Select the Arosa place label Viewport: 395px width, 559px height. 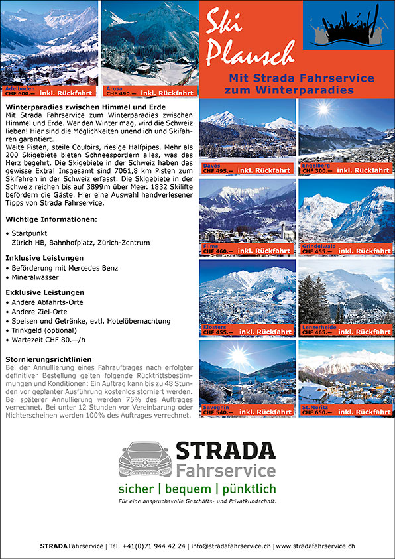[x=113, y=88]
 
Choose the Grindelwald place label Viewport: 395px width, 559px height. [x=319, y=246]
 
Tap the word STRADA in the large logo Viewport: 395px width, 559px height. [x=225, y=451]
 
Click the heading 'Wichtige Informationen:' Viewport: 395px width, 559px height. [x=51, y=219]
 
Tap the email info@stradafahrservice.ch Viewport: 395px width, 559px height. [x=231, y=546]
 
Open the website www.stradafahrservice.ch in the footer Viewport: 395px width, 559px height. [x=316, y=546]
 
